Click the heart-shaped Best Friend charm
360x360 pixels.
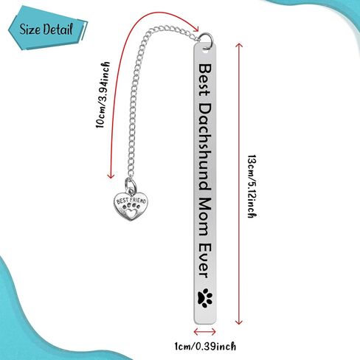[131, 206]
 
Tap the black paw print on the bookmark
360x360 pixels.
[205, 298]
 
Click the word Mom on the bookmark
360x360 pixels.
[204, 217]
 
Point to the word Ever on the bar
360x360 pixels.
[204, 260]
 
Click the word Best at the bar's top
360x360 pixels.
[204, 80]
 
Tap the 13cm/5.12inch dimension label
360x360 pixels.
[252, 186]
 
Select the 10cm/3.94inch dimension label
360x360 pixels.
[103, 95]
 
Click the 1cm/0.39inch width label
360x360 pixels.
[205, 347]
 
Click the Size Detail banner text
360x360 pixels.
[46, 29]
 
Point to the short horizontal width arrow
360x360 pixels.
[205, 332]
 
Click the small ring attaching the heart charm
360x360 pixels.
[131, 184]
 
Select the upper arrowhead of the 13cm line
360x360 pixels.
[239, 46]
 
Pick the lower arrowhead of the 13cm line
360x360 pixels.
[239, 322]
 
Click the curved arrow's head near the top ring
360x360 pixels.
[195, 28]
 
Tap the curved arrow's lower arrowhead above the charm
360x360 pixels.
[111, 176]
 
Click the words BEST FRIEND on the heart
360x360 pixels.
[131, 201]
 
